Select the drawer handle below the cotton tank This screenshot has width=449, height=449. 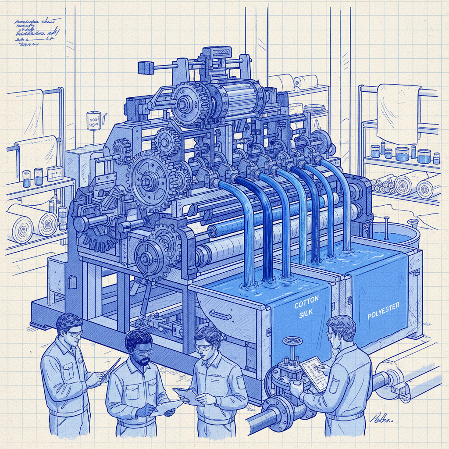pyautogui.click(x=220, y=314)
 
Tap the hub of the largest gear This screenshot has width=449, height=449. pyautogui.click(x=148, y=180)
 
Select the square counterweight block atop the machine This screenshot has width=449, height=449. pyautogui.click(x=145, y=68)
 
